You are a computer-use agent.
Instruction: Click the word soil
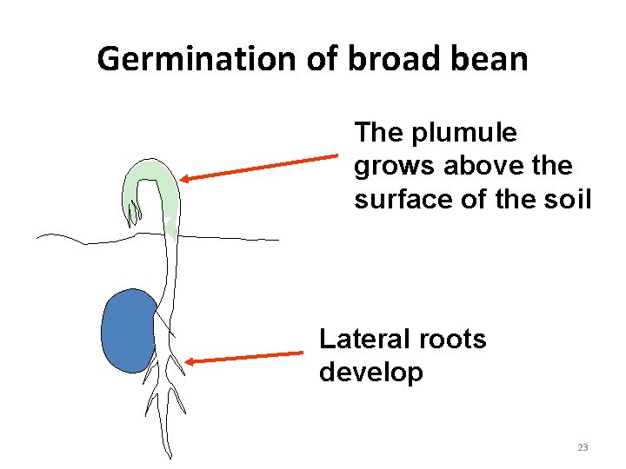tap(565, 199)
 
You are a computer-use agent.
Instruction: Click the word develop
tap(370, 373)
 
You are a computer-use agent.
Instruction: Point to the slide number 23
tap(583, 447)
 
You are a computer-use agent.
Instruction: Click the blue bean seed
tap(128, 330)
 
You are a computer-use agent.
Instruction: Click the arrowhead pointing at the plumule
tap(187, 178)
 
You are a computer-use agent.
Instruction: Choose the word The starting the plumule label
tap(380, 133)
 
